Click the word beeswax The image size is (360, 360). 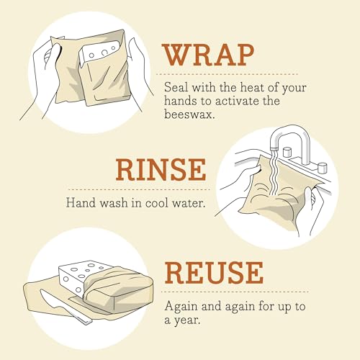(189, 114)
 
